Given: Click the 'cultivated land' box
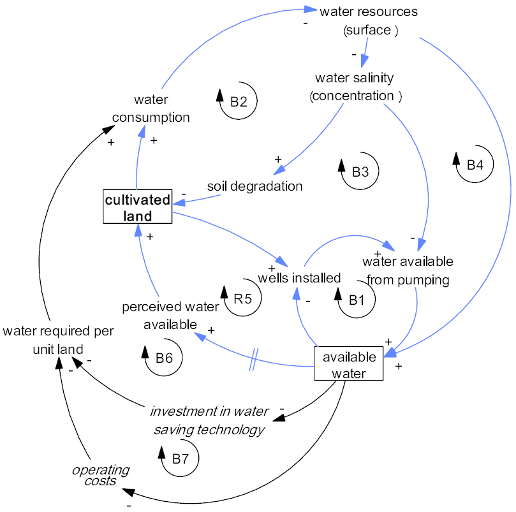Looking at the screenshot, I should pyautogui.click(x=137, y=207).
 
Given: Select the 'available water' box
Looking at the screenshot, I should pyautogui.click(x=348, y=364).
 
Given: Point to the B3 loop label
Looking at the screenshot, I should pyautogui.click(x=360, y=171).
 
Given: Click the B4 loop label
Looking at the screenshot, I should pyautogui.click(x=475, y=165).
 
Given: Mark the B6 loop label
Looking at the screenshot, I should pyautogui.click(x=164, y=358).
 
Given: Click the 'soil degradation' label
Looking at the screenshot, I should pyautogui.click(x=254, y=186).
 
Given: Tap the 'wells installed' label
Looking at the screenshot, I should pyautogui.click(x=299, y=278).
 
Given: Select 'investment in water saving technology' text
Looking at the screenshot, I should pyautogui.click(x=209, y=420).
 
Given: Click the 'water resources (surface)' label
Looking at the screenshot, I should pyautogui.click(x=369, y=20).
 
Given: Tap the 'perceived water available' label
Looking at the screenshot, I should pyautogui.click(x=170, y=316).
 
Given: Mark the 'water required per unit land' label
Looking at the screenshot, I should pyautogui.click(x=58, y=340).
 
